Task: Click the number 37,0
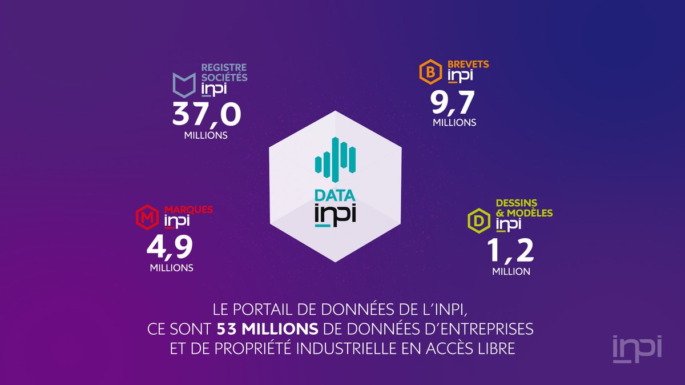(206, 115)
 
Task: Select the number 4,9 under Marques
(171, 247)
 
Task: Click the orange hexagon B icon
(427, 73)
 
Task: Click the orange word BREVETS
(468, 65)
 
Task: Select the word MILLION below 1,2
(511, 272)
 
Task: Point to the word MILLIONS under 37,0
(206, 136)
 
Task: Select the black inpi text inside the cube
(335, 216)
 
